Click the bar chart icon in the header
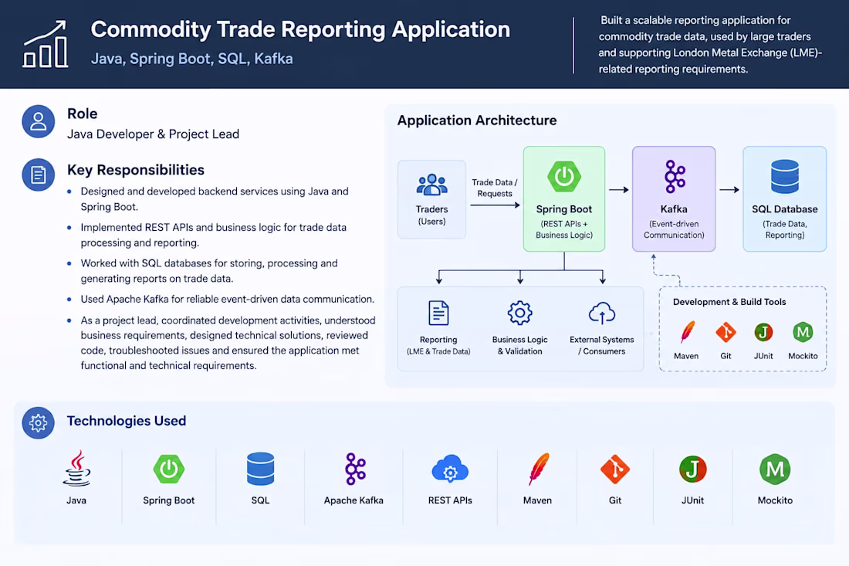pyautogui.click(x=46, y=45)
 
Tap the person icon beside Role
pyautogui.click(x=38, y=121)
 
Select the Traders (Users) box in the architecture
pyautogui.click(x=431, y=198)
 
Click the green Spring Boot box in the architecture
pyautogui.click(x=563, y=198)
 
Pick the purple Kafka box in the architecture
pyautogui.click(x=674, y=198)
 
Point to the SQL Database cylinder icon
pyautogui.click(x=785, y=177)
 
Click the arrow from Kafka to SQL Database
pyautogui.click(x=729, y=190)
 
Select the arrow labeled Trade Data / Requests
pyautogui.click(x=495, y=205)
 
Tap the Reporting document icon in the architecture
pyautogui.click(x=438, y=313)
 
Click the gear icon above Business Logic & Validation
pyautogui.click(x=519, y=313)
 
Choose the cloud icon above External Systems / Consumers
pyautogui.click(x=601, y=313)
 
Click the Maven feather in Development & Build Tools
pyautogui.click(x=687, y=332)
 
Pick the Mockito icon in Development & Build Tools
pyautogui.click(x=803, y=332)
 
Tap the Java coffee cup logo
pyautogui.click(x=77, y=468)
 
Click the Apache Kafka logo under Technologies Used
pyautogui.click(x=355, y=469)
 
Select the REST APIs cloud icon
pyautogui.click(x=450, y=469)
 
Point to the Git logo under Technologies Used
pyautogui.click(x=615, y=469)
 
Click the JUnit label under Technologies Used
pyautogui.click(x=692, y=500)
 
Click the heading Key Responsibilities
pyautogui.click(x=136, y=170)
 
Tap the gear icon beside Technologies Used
pyautogui.click(x=38, y=422)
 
